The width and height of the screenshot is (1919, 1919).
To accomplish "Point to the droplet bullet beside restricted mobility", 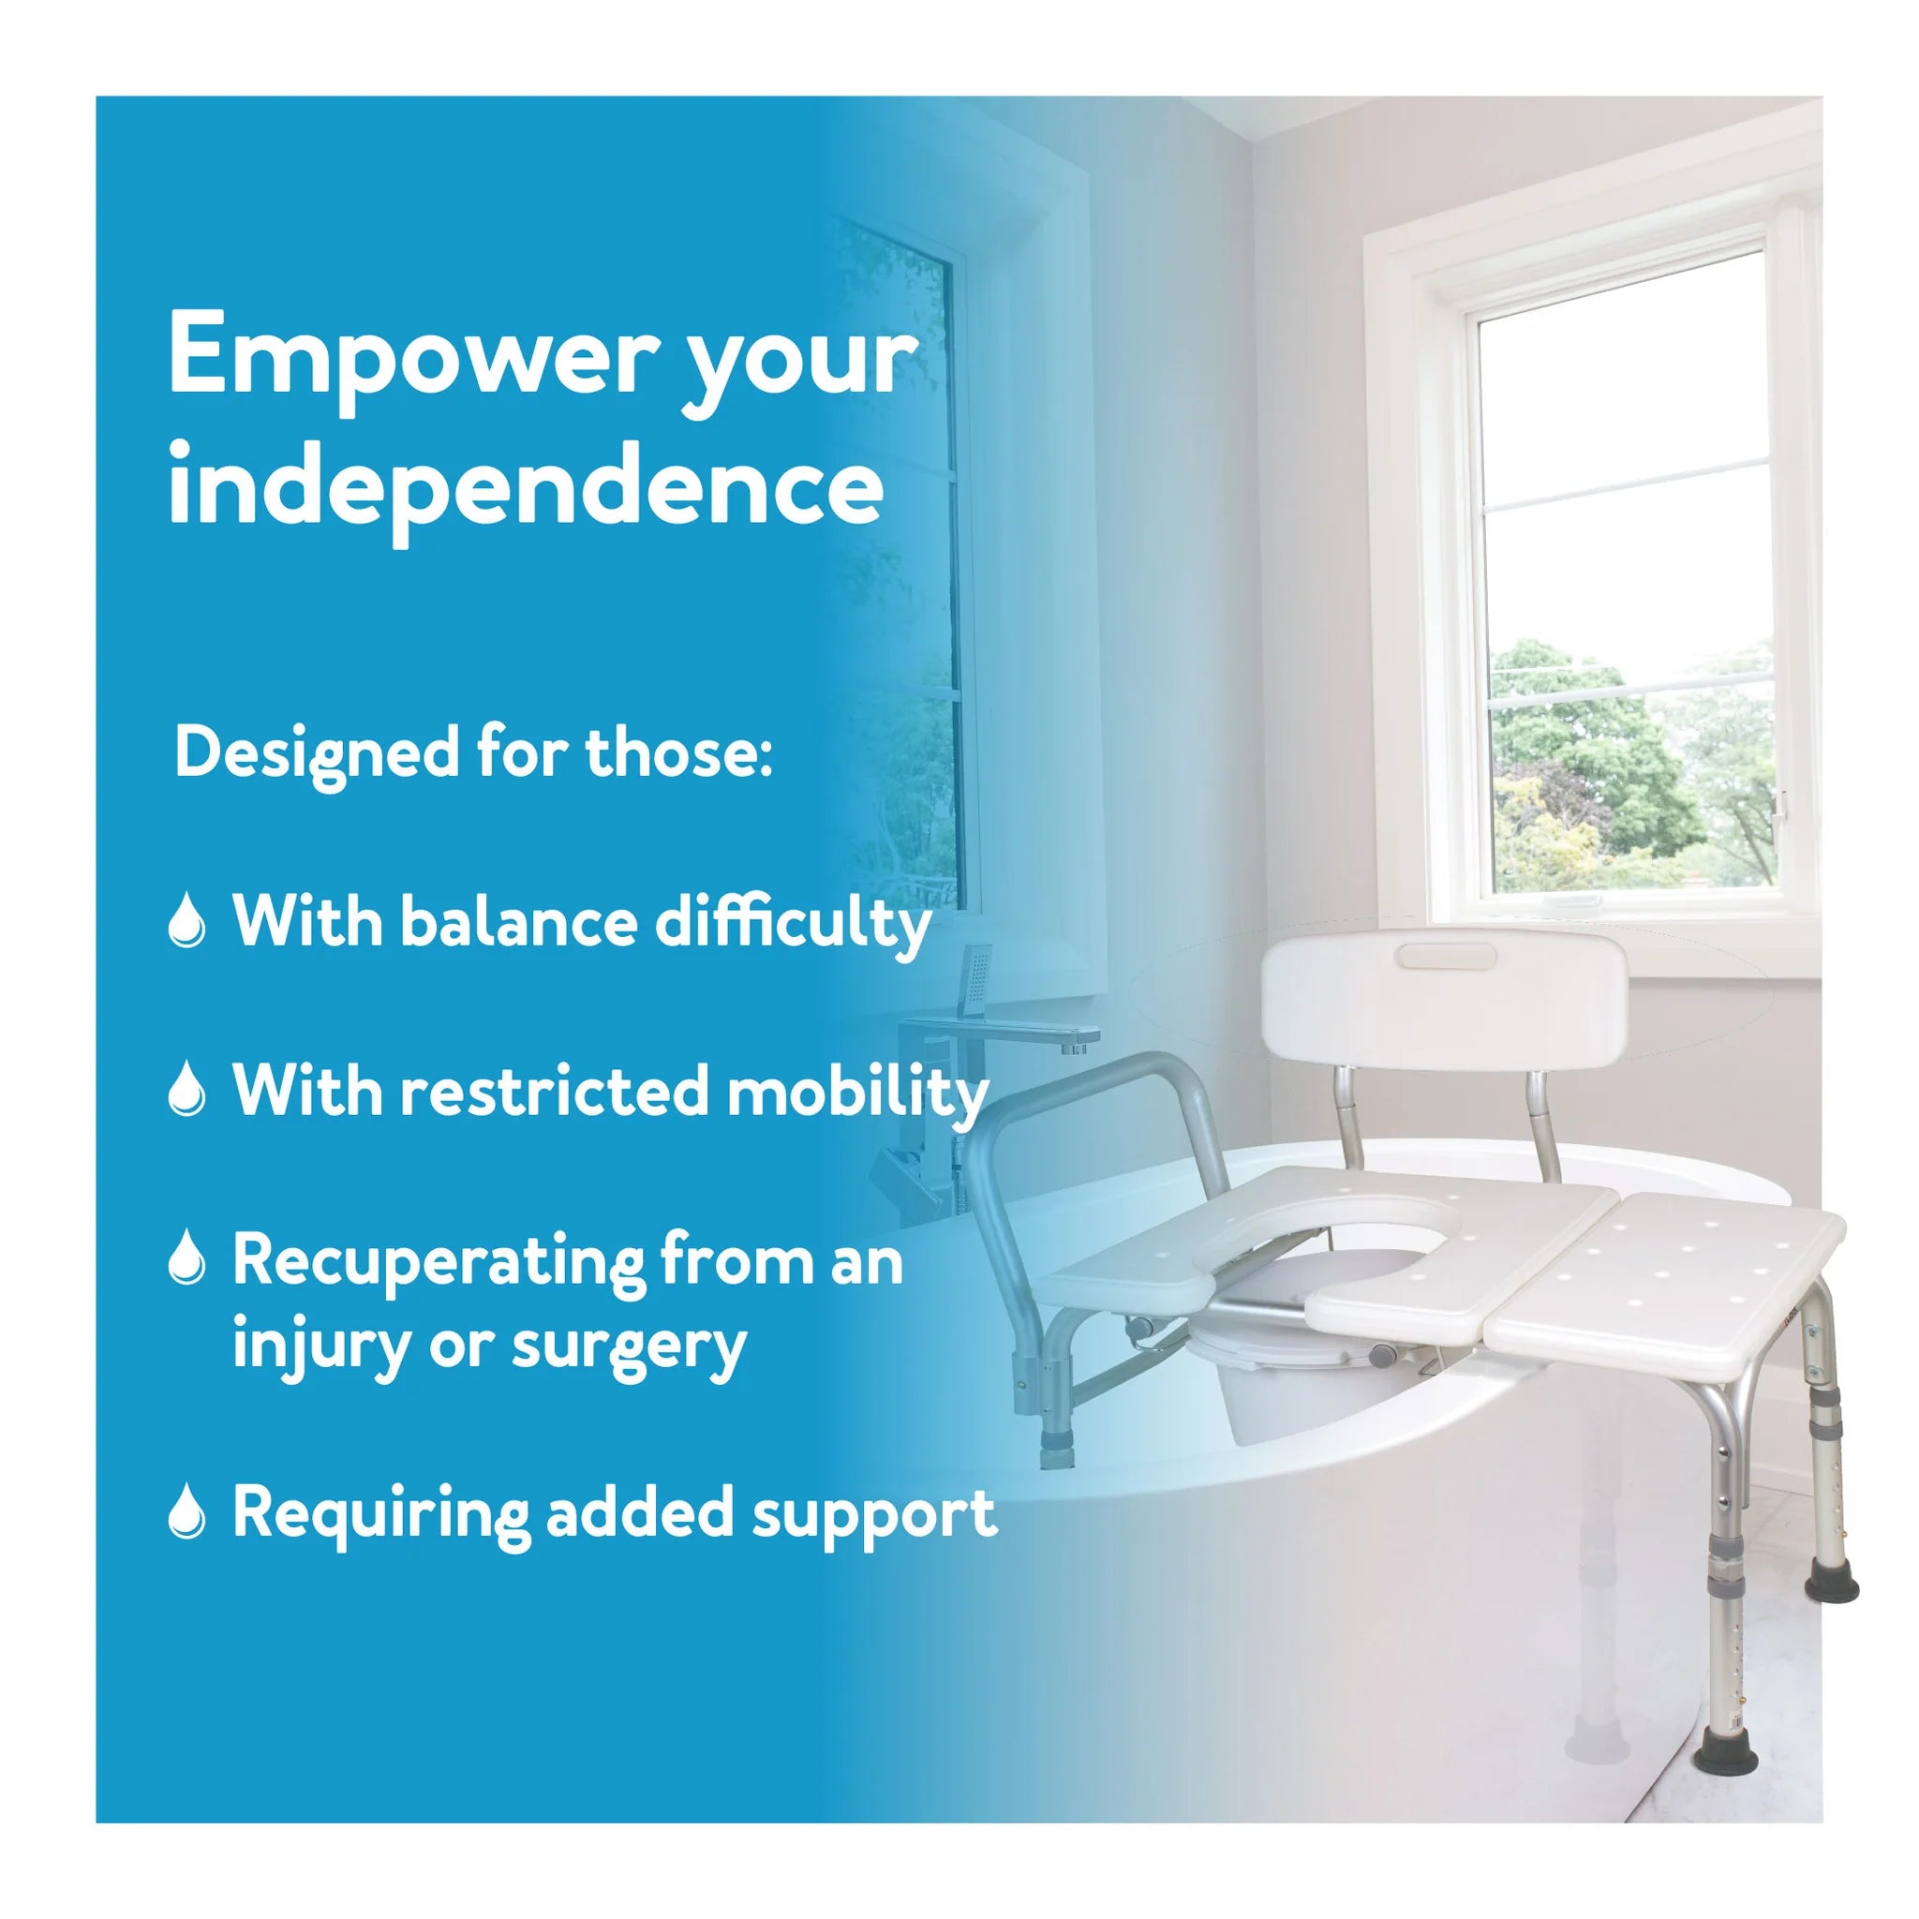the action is click(x=187, y=1090).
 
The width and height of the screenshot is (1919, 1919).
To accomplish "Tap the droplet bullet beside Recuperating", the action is click(x=187, y=1258).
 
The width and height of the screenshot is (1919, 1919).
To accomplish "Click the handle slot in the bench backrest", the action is click(x=1445, y=957).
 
